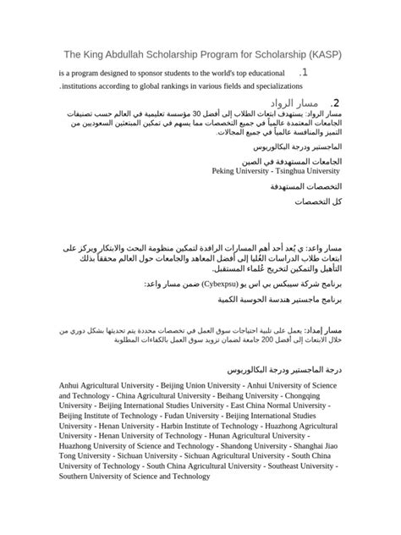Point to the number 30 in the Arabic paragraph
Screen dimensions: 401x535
tap(221, 114)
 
